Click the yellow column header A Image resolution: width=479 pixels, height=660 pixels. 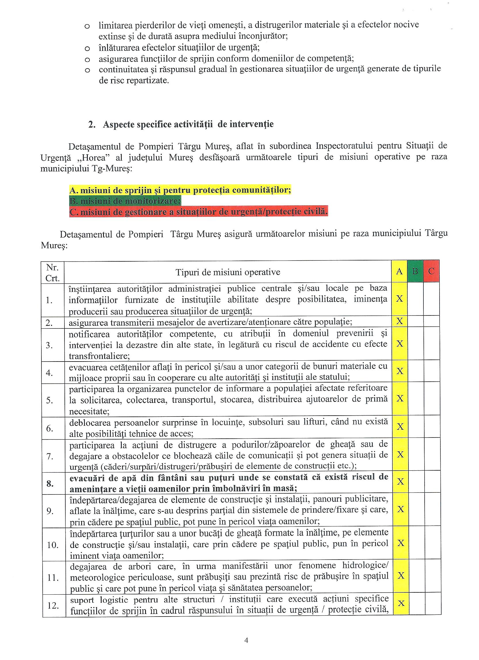coord(399,271)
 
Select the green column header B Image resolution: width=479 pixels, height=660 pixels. coord(415,271)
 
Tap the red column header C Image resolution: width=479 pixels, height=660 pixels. coord(431,271)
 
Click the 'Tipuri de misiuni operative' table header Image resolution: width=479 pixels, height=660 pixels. coord(228,272)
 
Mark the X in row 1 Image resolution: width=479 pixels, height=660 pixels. coord(400,299)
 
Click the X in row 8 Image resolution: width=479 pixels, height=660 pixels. coord(400,482)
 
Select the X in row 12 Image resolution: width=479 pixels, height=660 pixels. coord(401,603)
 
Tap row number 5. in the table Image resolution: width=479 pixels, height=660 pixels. coord(50,400)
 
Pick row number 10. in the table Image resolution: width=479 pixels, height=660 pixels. coord(53,545)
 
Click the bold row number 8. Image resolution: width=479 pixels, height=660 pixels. coord(50,484)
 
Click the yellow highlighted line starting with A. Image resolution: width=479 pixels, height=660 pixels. coord(180,190)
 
